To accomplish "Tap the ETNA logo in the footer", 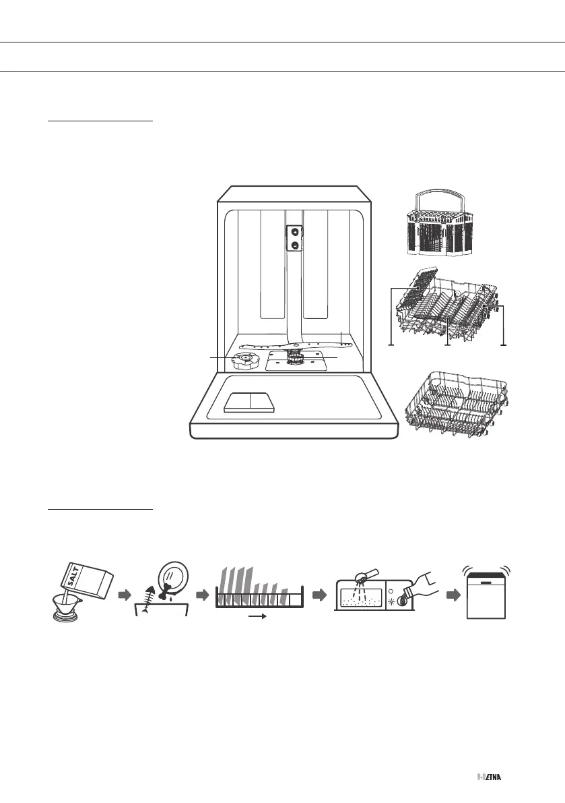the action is (491, 777).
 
